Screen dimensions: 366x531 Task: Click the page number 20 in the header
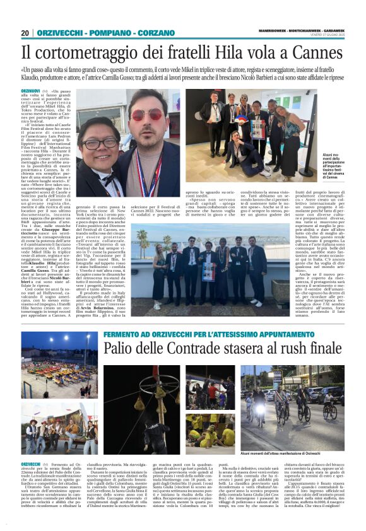(x=25, y=33)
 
